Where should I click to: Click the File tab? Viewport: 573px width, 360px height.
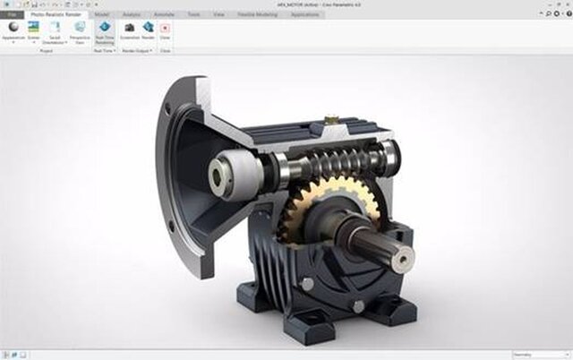pos(11,15)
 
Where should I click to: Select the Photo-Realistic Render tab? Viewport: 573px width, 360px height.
pos(56,15)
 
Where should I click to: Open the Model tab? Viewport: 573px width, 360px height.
pos(102,15)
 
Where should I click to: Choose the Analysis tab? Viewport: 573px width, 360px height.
pos(130,15)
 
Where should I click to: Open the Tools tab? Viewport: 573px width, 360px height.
pos(192,15)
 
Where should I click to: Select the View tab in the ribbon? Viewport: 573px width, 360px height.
pos(218,15)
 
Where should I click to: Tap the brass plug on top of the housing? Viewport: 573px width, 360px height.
pos(330,116)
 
